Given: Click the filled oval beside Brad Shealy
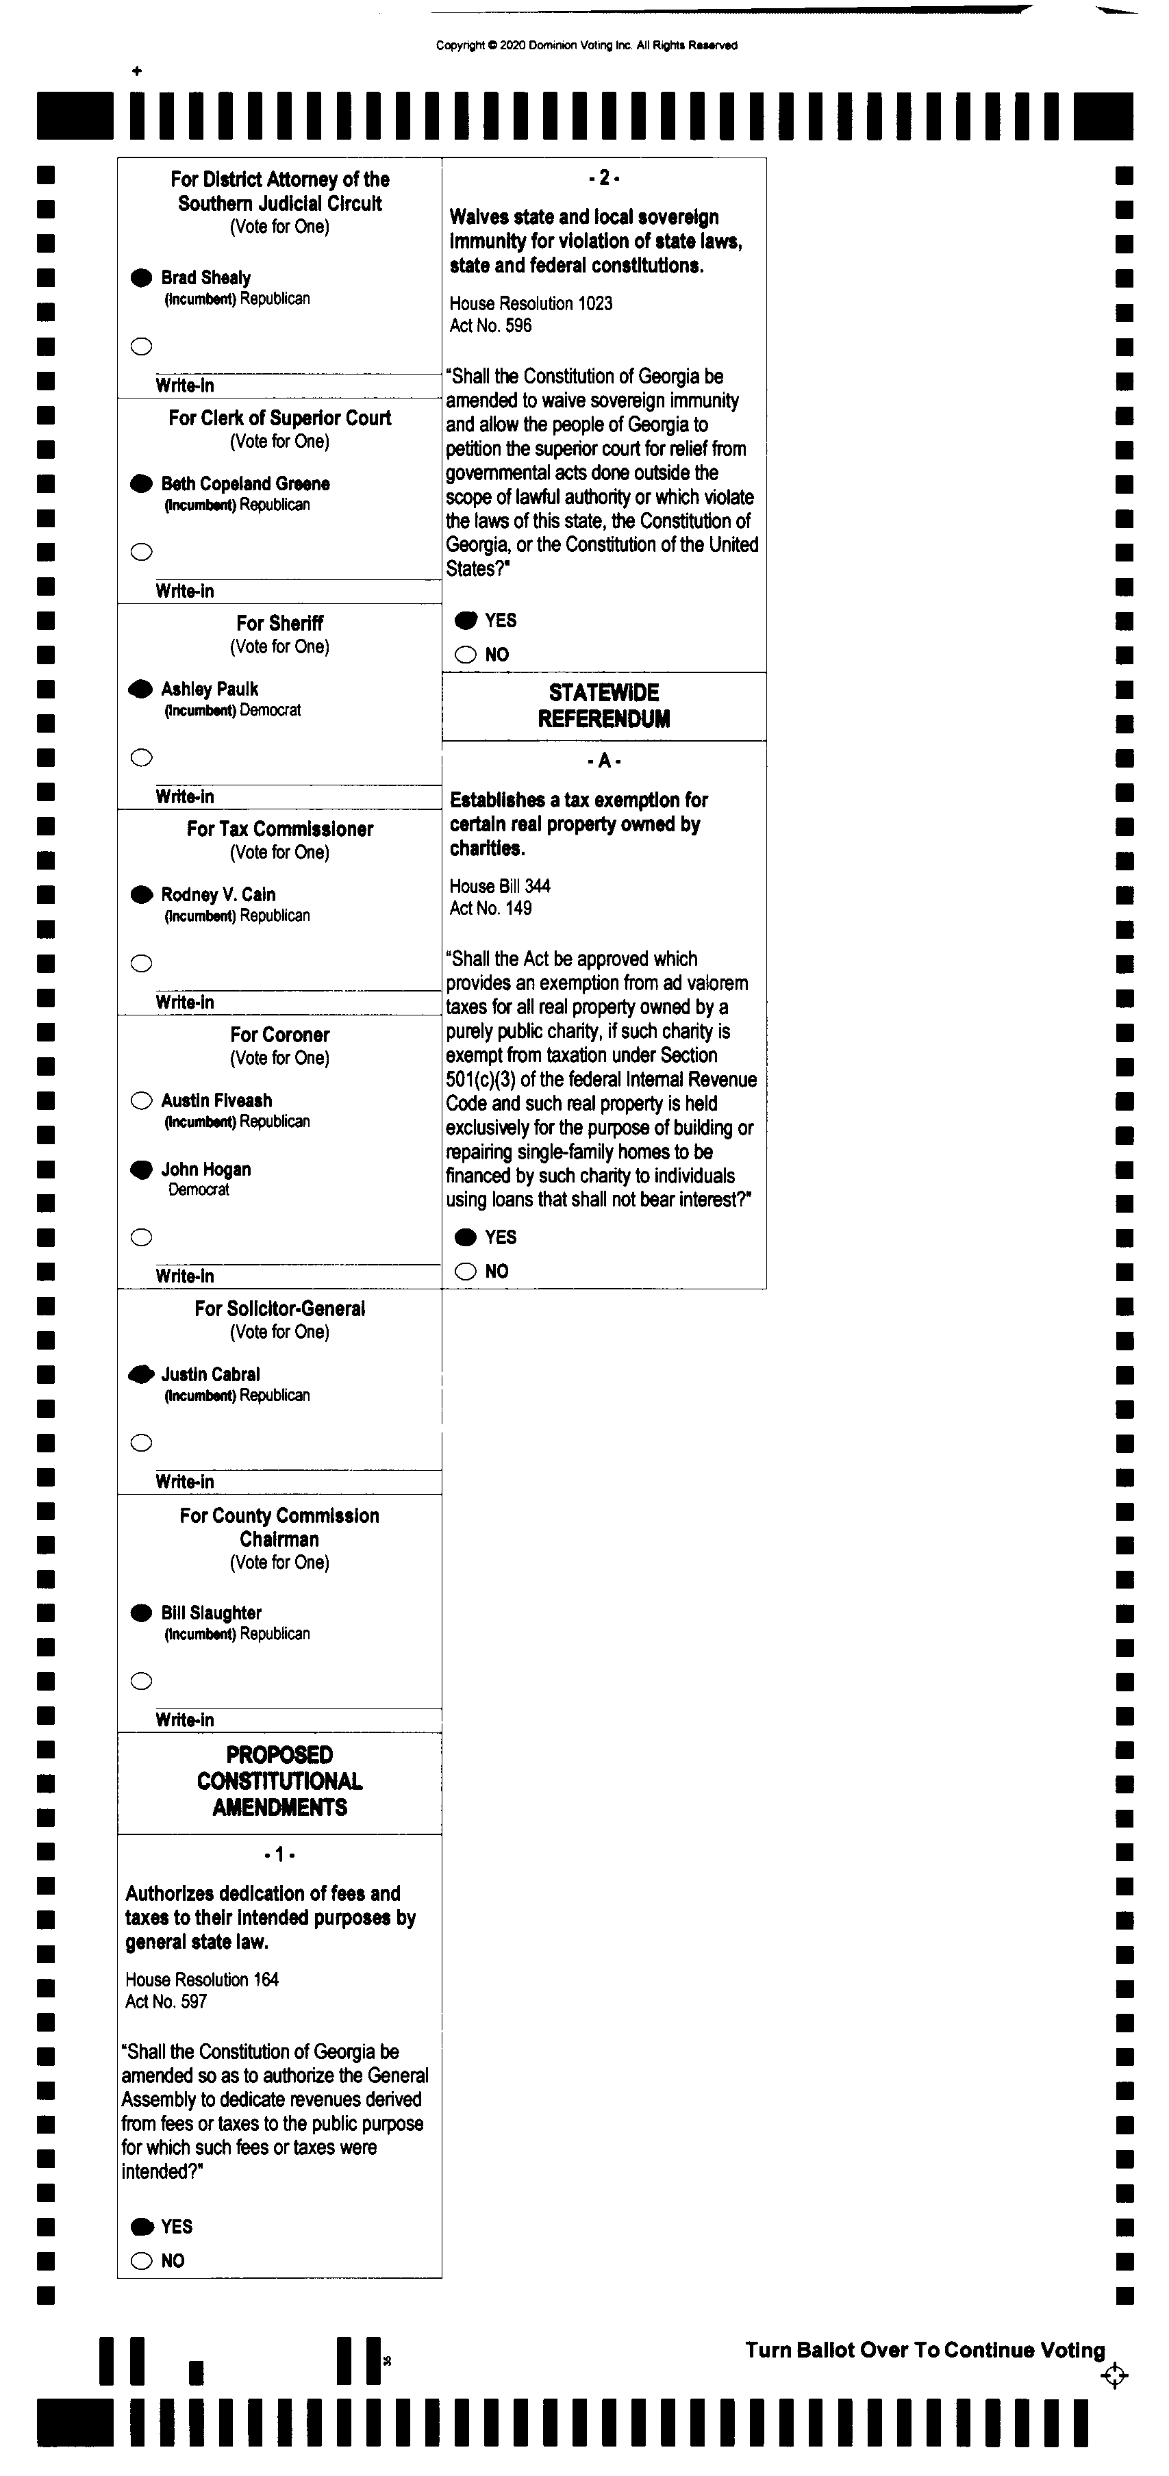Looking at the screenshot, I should [141, 278].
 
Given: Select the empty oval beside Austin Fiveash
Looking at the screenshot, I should [141, 1100].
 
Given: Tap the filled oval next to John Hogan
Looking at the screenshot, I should [141, 1170].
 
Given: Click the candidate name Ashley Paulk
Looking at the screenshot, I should [210, 689].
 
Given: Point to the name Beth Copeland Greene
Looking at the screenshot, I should [245, 483].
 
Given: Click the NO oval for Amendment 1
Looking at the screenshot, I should [141, 2261].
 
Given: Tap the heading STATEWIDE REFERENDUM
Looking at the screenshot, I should [604, 705].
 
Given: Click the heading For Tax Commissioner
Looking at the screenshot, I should [280, 829].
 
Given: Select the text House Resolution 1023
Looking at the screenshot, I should [531, 304].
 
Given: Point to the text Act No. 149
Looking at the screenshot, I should [490, 909].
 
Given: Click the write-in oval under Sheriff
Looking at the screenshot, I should [141, 757].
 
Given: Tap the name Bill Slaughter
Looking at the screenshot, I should [212, 1613].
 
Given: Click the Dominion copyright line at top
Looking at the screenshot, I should [586, 45].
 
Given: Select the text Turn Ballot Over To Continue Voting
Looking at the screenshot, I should [925, 2350].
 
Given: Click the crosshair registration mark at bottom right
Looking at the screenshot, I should [1114, 2377].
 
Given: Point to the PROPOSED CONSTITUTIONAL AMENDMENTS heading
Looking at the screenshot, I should [280, 1781].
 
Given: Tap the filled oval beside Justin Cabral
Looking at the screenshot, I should [141, 1374].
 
